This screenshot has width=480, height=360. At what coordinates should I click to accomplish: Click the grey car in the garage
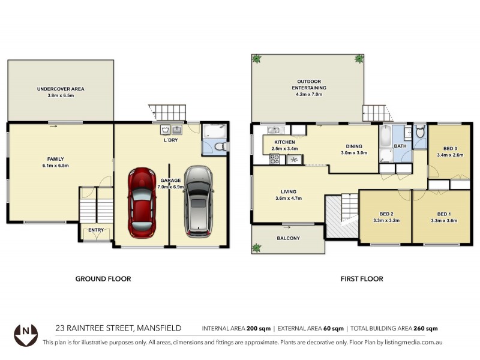(198, 200)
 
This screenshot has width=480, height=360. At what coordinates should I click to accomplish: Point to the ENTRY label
(96, 230)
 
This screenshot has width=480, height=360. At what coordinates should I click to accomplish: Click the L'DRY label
(173, 140)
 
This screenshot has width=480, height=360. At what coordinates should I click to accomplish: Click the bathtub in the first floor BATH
(385, 138)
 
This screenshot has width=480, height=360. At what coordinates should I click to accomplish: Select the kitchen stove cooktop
(275, 159)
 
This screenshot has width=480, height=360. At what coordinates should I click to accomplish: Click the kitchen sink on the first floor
(275, 130)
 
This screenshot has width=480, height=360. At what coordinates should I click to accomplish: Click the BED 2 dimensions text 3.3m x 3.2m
(386, 220)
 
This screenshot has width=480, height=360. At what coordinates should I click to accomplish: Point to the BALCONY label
(289, 238)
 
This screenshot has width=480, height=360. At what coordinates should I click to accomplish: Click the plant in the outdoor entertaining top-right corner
(359, 59)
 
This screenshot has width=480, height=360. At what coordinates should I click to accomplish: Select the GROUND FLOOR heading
(103, 279)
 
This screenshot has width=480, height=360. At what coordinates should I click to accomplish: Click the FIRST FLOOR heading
(362, 279)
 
